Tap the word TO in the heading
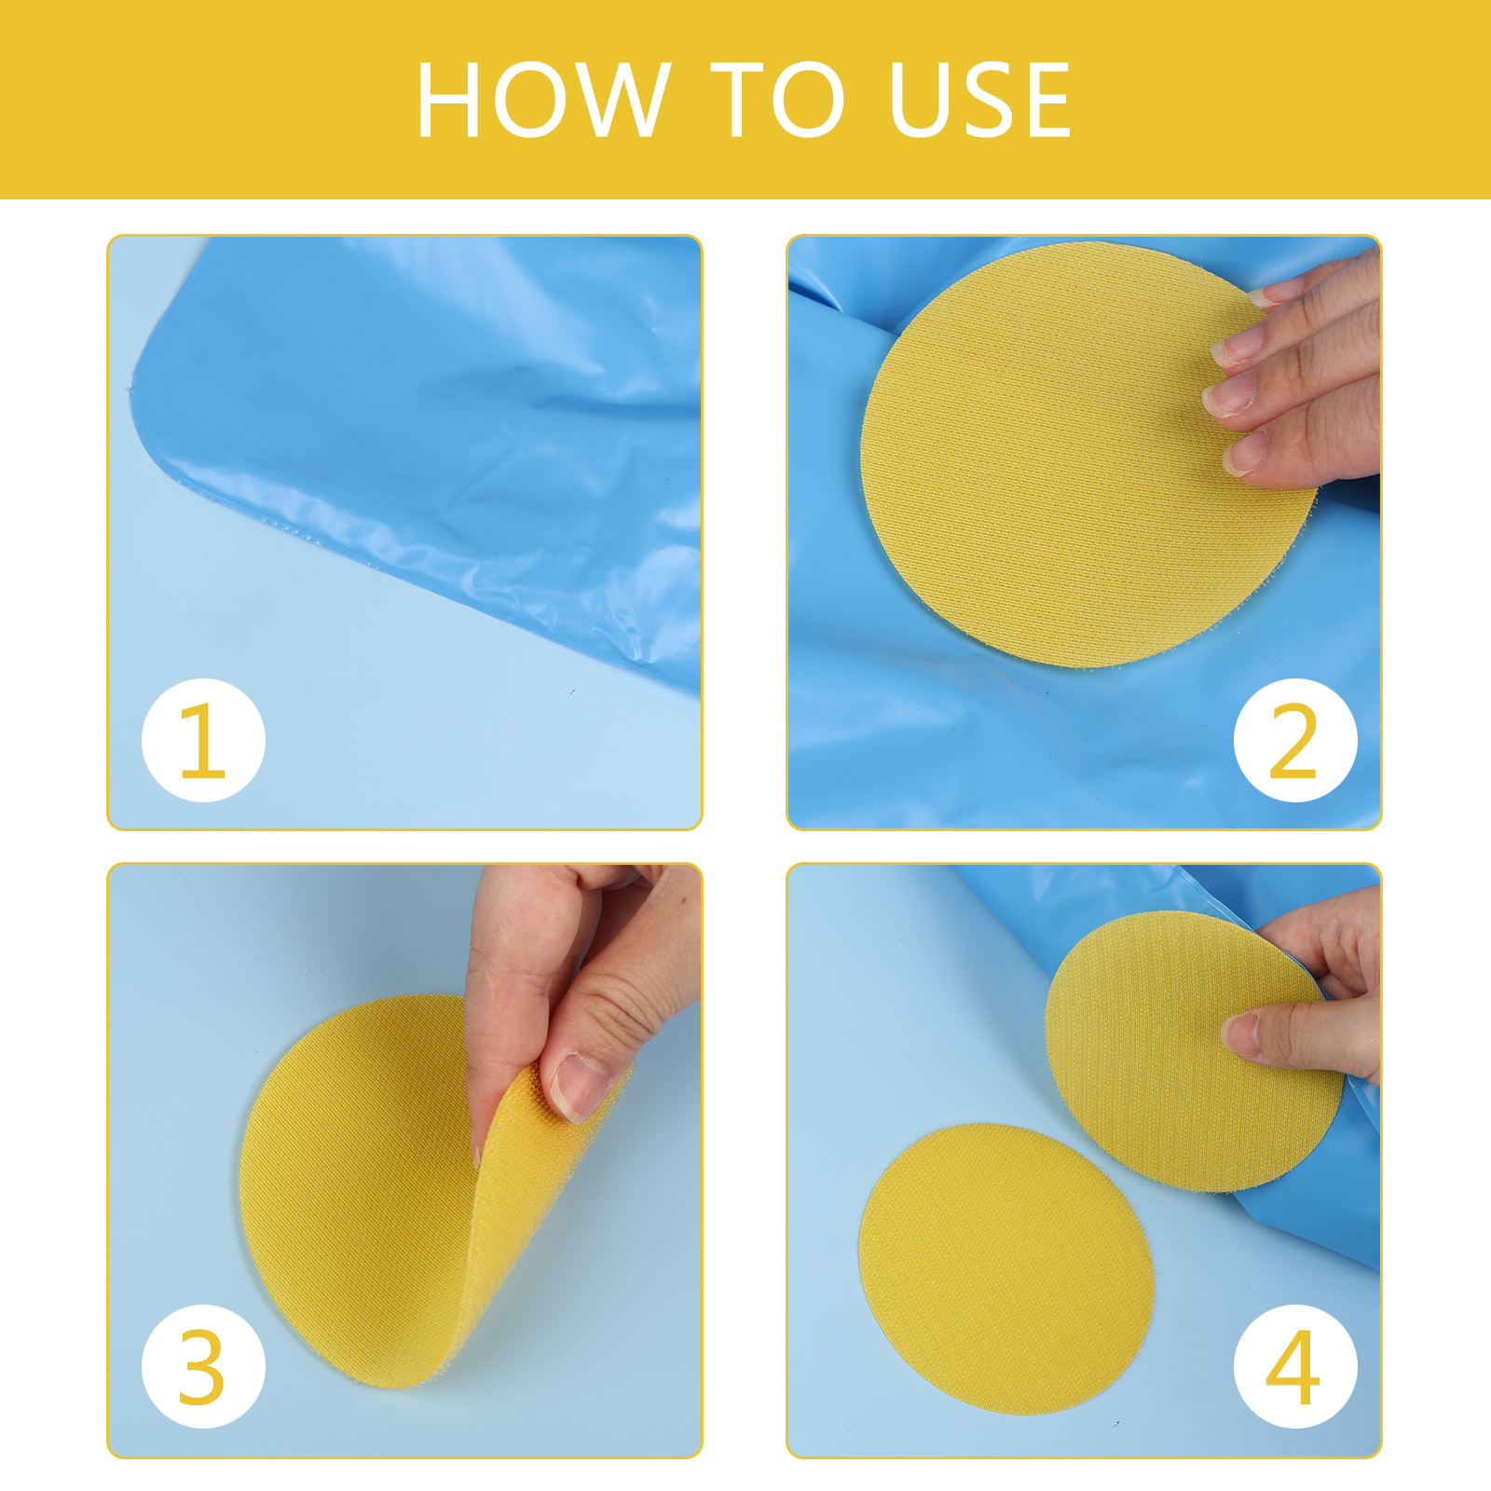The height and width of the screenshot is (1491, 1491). tap(778, 100)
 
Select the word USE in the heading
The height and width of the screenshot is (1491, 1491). tap(980, 100)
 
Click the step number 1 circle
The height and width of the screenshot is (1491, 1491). tap(203, 740)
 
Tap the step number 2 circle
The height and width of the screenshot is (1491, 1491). tap(1295, 740)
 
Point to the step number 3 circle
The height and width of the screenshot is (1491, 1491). tap(203, 1366)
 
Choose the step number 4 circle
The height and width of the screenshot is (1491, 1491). tap(1295, 1366)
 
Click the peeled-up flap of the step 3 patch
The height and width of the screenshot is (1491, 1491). tap(522, 1211)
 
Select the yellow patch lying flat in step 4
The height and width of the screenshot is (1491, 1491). tap(1006, 1269)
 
